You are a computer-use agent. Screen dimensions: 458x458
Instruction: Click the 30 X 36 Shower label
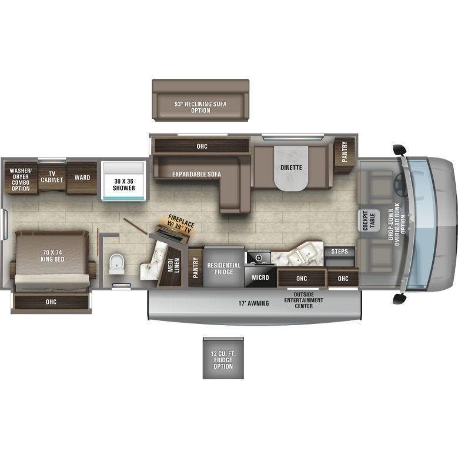[x=123, y=184]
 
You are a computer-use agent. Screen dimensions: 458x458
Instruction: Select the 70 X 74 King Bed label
[x=52, y=256]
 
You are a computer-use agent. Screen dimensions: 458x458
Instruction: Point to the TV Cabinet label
[x=52, y=177]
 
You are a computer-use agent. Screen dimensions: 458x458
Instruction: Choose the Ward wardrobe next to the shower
[x=82, y=177]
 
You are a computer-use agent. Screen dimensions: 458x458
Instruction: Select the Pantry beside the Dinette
[x=345, y=152]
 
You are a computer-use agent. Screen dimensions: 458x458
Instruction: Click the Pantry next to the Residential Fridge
[x=196, y=266]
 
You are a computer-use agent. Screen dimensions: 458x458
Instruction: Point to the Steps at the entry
[x=339, y=252]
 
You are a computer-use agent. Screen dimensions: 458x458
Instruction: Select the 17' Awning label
[x=253, y=303]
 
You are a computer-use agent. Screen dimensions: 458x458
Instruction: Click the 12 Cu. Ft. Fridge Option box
[x=223, y=359]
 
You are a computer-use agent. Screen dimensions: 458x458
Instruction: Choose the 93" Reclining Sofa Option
[x=200, y=106]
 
